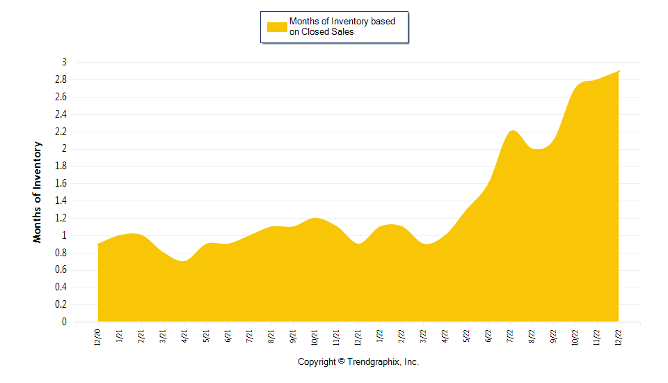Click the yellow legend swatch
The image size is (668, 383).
point(277,26)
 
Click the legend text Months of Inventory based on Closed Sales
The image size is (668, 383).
point(342,26)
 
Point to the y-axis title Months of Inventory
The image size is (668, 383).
point(38,192)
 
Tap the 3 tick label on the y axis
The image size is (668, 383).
point(63,62)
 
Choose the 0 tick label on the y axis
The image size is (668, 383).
point(63,322)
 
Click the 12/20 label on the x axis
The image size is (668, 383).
point(98,338)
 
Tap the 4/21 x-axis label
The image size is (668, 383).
point(184,338)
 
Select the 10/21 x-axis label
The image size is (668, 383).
point(315,338)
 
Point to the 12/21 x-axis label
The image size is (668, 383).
point(358,338)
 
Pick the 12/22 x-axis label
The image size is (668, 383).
point(619,338)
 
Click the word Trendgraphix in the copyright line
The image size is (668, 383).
point(374,362)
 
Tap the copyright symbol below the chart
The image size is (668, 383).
point(341,362)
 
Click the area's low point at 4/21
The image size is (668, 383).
point(184,261)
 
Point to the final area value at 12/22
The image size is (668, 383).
point(619,71)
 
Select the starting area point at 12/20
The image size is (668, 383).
point(98,244)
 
